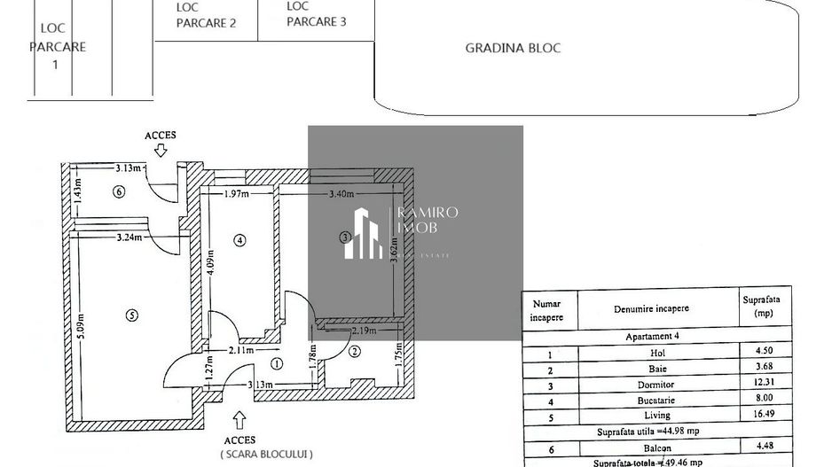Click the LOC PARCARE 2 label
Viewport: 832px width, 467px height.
206,15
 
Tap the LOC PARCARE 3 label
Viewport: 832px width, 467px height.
317,13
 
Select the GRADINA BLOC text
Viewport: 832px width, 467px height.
513,48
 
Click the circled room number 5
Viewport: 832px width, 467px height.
131,314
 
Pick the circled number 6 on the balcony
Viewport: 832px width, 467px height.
119,191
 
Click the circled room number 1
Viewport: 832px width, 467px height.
277,362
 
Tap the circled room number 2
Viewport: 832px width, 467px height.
354,352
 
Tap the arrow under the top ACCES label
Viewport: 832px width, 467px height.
161,151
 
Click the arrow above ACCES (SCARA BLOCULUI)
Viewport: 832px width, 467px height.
239,417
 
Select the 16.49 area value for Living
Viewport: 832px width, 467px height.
756,415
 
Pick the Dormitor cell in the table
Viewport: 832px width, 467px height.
631,385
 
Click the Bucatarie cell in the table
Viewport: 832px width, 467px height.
631,400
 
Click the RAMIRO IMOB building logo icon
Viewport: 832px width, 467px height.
364,233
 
